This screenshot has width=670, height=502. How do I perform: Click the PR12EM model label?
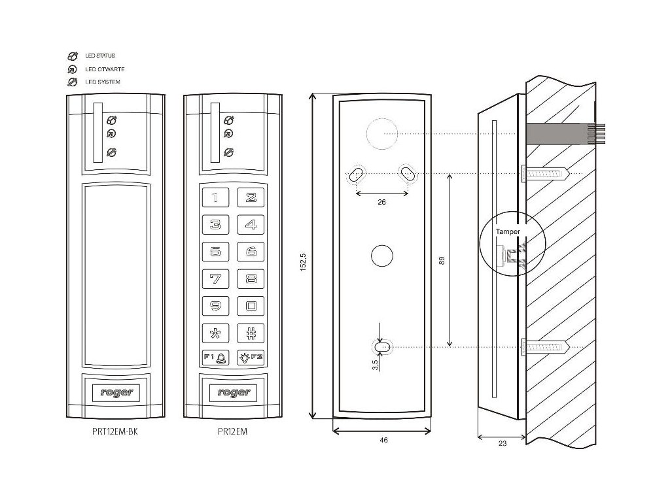(x=232, y=432)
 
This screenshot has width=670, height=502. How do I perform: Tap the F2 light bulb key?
(x=250, y=358)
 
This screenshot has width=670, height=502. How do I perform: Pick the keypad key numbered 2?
(x=250, y=197)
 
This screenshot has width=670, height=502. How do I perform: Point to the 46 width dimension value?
(x=383, y=441)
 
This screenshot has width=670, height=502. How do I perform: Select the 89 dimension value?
(x=442, y=261)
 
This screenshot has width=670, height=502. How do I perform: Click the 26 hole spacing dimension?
(x=382, y=203)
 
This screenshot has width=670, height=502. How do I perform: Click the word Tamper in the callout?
(x=508, y=232)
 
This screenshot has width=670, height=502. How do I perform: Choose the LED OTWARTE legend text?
(x=105, y=69)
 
